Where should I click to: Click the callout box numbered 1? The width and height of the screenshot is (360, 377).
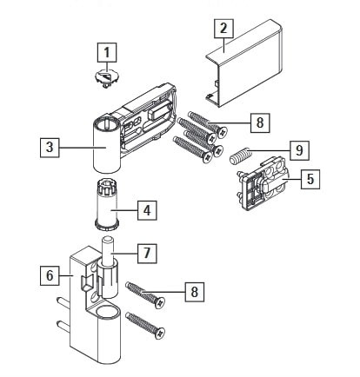107,53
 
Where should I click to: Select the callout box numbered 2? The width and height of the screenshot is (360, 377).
223,28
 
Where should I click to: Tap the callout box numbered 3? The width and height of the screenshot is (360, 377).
50,148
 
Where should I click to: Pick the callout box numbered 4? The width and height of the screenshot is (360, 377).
147,210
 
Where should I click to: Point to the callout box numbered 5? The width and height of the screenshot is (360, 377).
310,179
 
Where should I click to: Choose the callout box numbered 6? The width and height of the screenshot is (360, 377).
50,275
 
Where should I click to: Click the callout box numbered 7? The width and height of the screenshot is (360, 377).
147,254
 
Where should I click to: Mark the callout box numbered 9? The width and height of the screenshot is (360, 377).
299,150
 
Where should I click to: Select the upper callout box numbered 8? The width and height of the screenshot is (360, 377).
260,122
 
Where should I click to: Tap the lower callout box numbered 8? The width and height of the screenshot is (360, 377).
195,292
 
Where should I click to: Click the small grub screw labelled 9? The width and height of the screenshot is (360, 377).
240,155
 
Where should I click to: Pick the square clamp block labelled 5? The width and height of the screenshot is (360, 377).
262,184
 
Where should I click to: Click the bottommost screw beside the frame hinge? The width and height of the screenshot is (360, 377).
145,326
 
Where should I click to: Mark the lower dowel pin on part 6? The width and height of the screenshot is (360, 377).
63,327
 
